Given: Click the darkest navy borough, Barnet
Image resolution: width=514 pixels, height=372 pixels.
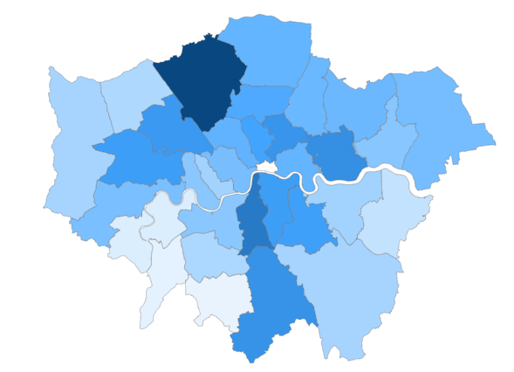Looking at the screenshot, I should (202, 78).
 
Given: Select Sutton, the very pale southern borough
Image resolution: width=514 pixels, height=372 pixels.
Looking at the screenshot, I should (218, 297).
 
